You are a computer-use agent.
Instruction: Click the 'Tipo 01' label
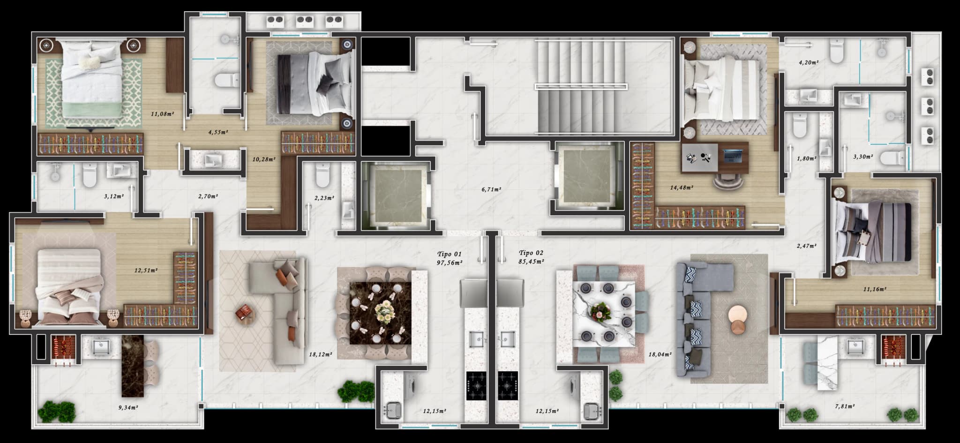tap(449, 254)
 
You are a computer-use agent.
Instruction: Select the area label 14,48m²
tap(682, 188)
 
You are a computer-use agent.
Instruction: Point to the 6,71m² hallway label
tap(491, 189)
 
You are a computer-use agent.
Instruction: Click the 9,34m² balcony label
tap(127, 407)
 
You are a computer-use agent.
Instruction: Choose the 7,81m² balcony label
tap(844, 406)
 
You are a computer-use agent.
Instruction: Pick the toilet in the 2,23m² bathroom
tap(322, 174)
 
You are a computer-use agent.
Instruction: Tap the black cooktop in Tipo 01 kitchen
tap(477, 386)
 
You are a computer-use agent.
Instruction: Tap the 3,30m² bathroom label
tap(862, 157)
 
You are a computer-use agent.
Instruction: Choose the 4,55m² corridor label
tap(218, 132)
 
